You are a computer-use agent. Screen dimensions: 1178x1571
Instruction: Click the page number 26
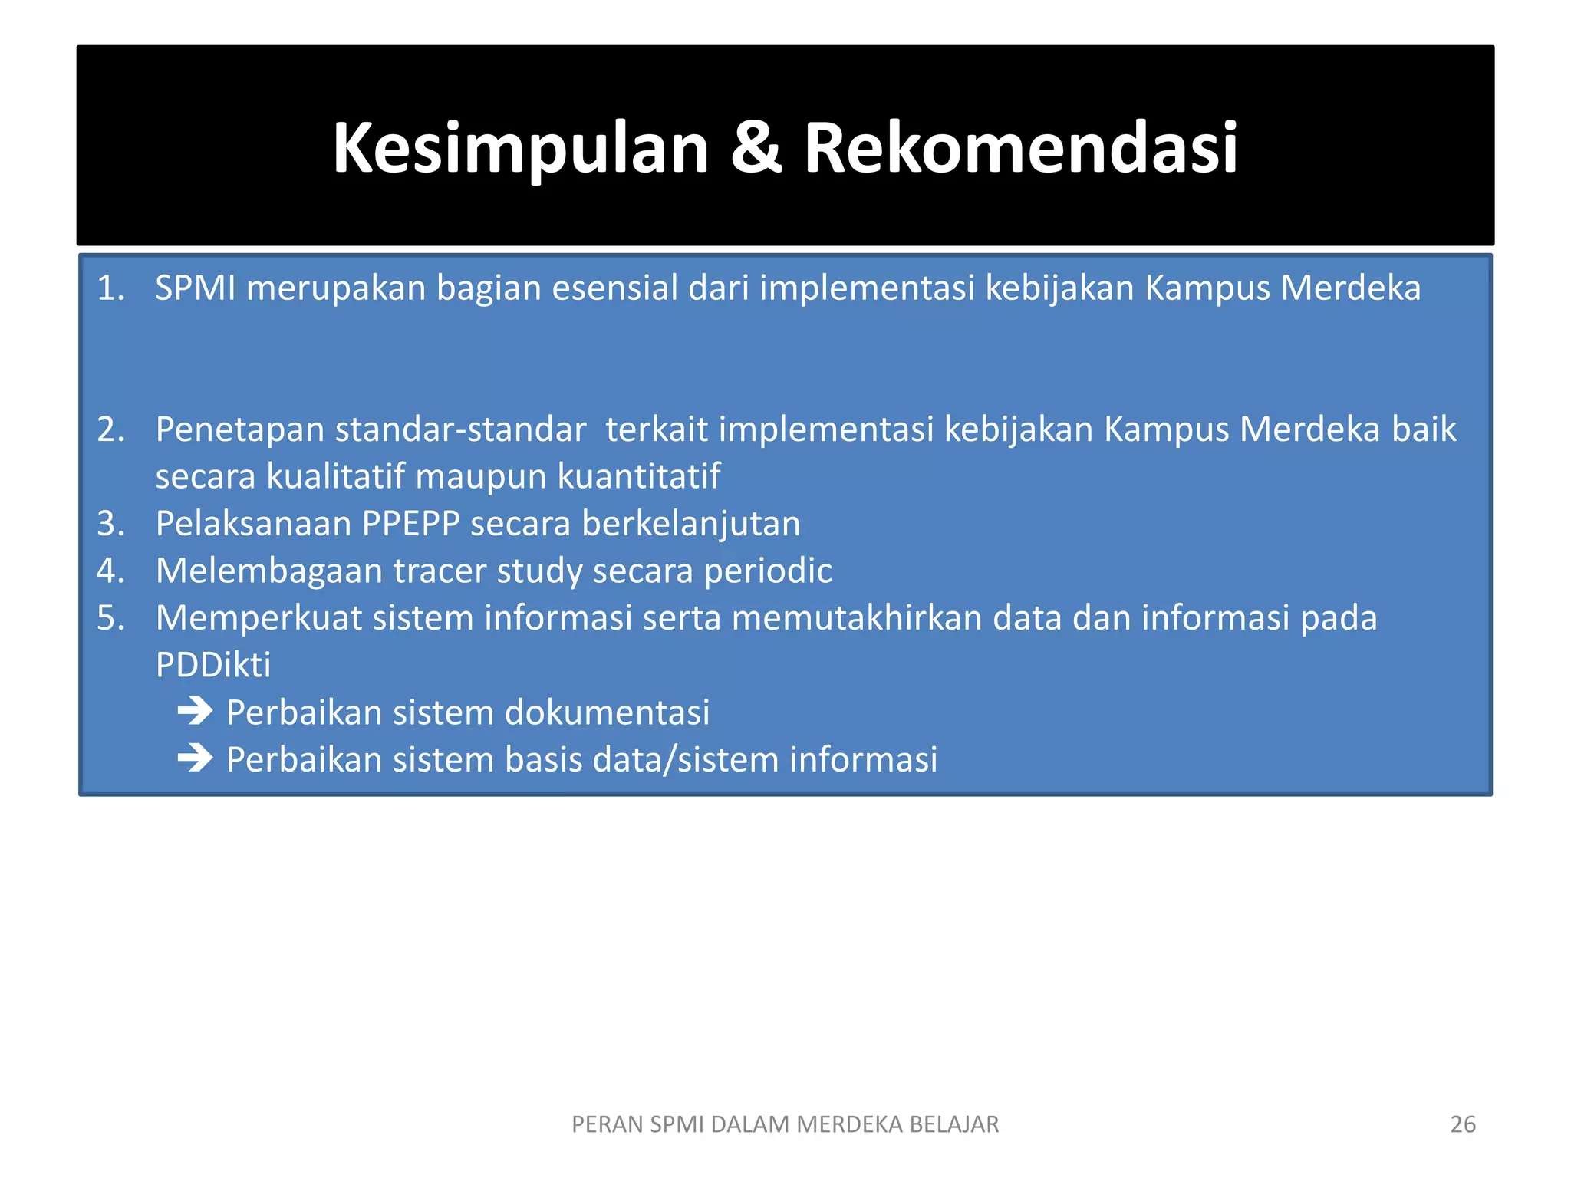click(x=1462, y=1124)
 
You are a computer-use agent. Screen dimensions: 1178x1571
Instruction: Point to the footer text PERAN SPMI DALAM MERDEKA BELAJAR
click(x=785, y=1124)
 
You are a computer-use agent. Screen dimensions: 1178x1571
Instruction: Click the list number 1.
click(x=110, y=288)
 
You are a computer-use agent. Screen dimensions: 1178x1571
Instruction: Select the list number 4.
click(x=110, y=571)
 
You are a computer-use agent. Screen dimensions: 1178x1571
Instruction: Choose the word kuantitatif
click(x=638, y=477)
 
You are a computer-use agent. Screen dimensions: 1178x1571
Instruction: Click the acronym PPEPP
click(x=410, y=524)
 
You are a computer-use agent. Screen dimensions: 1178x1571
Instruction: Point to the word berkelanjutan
click(x=690, y=524)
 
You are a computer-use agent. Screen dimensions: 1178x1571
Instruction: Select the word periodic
click(x=768, y=571)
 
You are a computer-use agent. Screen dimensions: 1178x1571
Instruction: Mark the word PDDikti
click(x=212, y=666)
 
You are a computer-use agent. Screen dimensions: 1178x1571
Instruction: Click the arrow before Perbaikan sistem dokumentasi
click(x=195, y=712)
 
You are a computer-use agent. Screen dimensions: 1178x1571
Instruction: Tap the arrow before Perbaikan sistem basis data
click(x=195, y=759)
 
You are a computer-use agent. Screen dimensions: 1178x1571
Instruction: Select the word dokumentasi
click(x=607, y=712)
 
